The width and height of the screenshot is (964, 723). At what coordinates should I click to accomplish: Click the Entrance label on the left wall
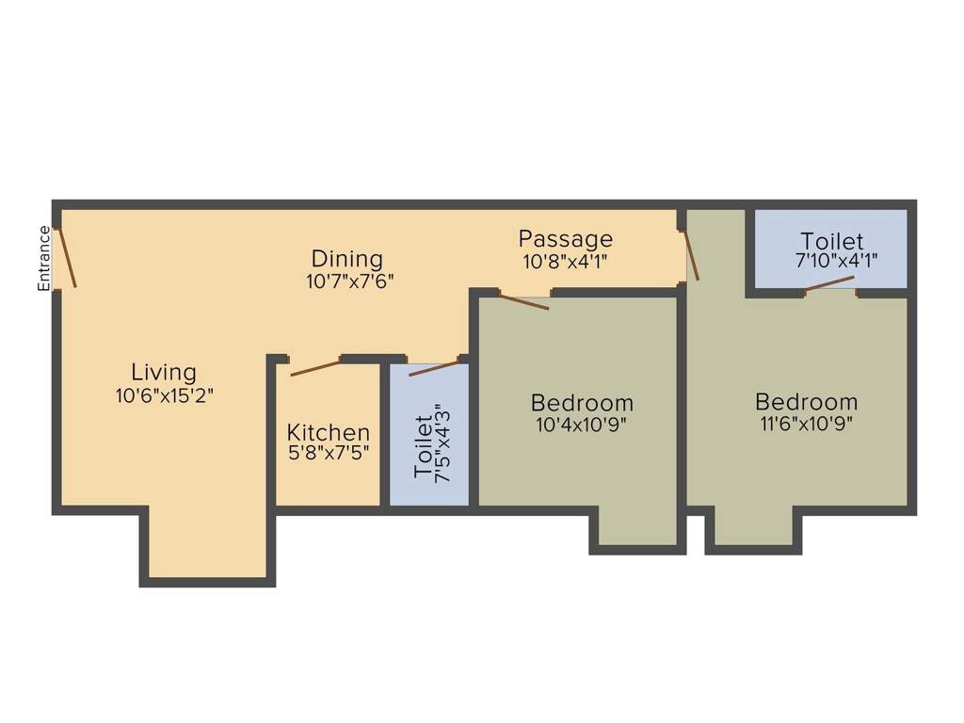[43, 258]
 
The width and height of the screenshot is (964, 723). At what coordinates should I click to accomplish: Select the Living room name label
[164, 372]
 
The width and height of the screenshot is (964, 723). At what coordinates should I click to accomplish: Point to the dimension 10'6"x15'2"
[165, 395]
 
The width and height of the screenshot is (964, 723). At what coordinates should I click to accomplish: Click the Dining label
[347, 258]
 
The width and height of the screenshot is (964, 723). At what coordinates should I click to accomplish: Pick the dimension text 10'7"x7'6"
[348, 281]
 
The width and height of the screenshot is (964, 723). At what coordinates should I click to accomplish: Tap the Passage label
[565, 239]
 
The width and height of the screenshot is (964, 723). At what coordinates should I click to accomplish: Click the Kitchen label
[329, 433]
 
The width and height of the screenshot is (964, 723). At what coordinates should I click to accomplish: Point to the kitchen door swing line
[315, 367]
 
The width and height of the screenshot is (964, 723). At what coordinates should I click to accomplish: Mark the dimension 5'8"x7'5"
[329, 452]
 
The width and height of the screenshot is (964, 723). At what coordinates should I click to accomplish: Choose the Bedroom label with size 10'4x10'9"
[582, 402]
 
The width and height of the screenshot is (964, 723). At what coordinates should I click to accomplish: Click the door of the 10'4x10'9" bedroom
[524, 302]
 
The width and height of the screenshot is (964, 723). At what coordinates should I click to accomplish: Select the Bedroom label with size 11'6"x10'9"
[807, 402]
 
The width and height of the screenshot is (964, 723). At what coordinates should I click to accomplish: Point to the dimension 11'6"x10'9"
[807, 424]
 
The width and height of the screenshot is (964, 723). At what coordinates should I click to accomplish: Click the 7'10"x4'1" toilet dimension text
[832, 262]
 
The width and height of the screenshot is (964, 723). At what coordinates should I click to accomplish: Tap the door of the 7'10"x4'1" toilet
[829, 282]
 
